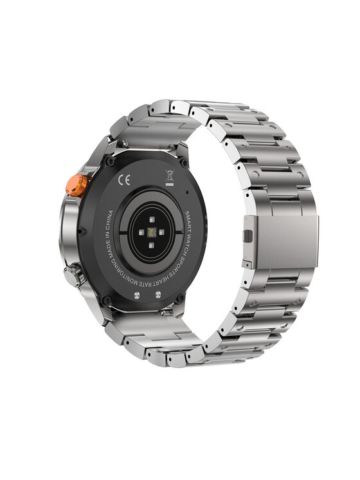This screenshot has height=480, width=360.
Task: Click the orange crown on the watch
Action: click(78, 185)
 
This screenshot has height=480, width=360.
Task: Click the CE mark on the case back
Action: click(124, 180)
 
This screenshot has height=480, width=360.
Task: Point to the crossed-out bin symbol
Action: click(170, 178)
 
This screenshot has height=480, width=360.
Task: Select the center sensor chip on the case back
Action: click(152, 232)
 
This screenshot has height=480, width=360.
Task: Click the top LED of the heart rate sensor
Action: click(152, 219)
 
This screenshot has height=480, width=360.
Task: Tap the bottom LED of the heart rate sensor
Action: click(151, 245)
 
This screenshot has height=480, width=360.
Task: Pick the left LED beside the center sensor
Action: click(141, 232)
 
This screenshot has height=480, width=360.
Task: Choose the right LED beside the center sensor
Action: click(161, 232)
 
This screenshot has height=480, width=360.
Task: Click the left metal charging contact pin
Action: click(137, 295)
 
